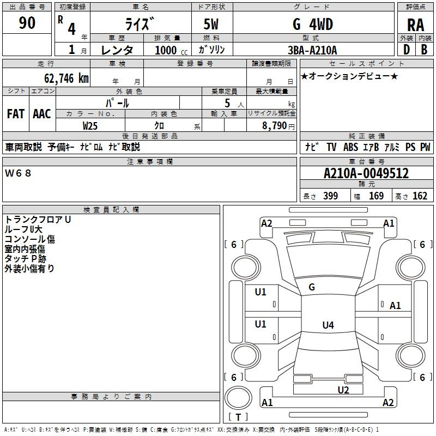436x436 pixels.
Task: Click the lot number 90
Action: pyautogui.click(x=27, y=23)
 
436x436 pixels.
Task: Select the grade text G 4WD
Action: pyautogui.click(x=313, y=24)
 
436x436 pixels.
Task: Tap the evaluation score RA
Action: pyautogui.click(x=415, y=25)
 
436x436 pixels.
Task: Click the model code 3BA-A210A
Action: pyautogui.click(x=312, y=50)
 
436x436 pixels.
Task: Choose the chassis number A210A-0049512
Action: pyautogui.click(x=366, y=173)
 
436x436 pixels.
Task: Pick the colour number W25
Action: pyautogui.click(x=90, y=125)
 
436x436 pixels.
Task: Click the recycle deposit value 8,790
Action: pyautogui.click(x=274, y=125)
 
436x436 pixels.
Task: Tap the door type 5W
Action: pyautogui.click(x=212, y=24)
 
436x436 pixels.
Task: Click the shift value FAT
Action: pyautogui.click(x=15, y=113)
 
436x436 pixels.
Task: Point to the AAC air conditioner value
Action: pyautogui.click(x=42, y=113)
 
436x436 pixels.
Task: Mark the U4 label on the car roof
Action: pyautogui.click(x=328, y=325)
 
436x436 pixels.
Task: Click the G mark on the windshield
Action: pyautogui.click(x=312, y=287)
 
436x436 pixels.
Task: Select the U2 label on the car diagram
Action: pyautogui.click(x=343, y=389)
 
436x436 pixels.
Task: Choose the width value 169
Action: pyautogui.click(x=376, y=196)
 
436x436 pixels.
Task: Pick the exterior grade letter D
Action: pyautogui.click(x=406, y=50)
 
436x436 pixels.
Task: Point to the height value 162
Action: pyautogui.click(x=420, y=196)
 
